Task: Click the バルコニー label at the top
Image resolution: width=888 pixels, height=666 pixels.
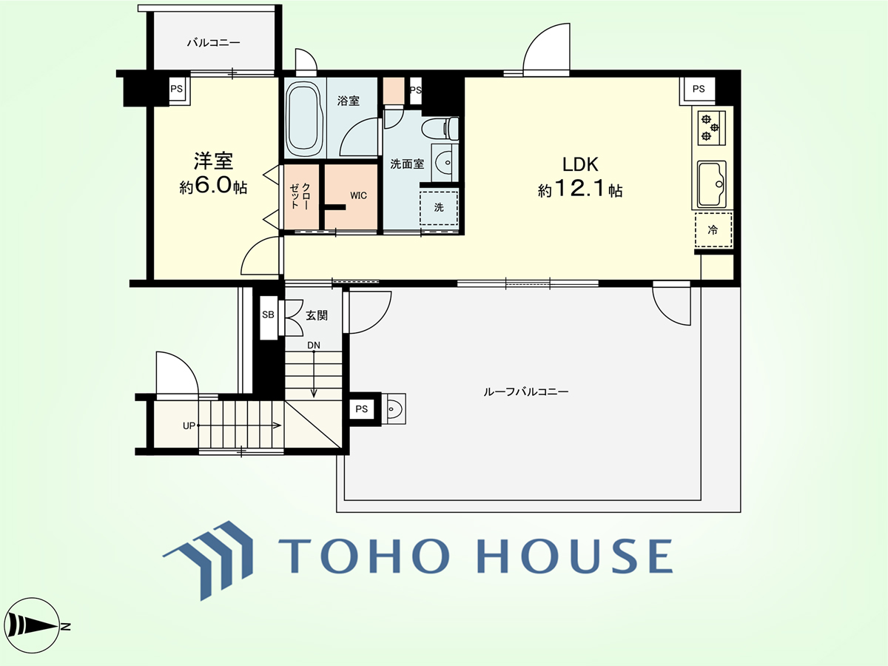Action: click(x=213, y=42)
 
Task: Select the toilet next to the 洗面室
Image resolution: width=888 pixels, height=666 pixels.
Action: click(x=440, y=128)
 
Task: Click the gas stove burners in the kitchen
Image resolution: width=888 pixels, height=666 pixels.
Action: click(x=711, y=128)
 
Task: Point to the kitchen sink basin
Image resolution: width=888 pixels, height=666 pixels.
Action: click(x=712, y=184)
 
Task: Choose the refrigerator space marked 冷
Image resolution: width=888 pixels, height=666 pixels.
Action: click(x=713, y=230)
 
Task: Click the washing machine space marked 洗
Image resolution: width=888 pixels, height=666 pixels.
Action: click(x=439, y=208)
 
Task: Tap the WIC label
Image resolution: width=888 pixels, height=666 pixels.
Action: click(x=358, y=195)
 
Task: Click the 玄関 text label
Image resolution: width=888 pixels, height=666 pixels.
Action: click(x=317, y=315)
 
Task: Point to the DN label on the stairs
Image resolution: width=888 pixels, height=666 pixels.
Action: click(x=314, y=345)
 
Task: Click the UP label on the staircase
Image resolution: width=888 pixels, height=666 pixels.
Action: click(x=189, y=425)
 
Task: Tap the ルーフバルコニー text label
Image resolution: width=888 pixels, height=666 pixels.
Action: click(x=526, y=391)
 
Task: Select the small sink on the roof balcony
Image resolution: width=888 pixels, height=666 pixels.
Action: click(x=393, y=408)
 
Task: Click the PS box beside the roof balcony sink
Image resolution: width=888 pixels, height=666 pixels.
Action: click(x=361, y=408)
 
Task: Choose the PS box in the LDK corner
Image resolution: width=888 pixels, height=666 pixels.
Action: click(x=699, y=89)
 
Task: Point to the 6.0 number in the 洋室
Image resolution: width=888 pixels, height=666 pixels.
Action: click(x=213, y=185)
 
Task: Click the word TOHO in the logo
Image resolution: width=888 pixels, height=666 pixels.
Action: click(x=363, y=556)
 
